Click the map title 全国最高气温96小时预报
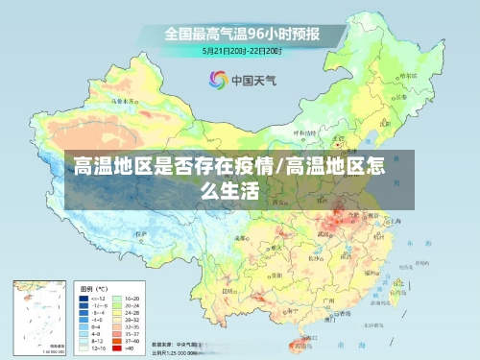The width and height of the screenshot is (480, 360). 241,33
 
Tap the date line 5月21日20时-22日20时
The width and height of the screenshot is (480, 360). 241,50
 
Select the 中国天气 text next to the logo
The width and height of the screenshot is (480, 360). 252,82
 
